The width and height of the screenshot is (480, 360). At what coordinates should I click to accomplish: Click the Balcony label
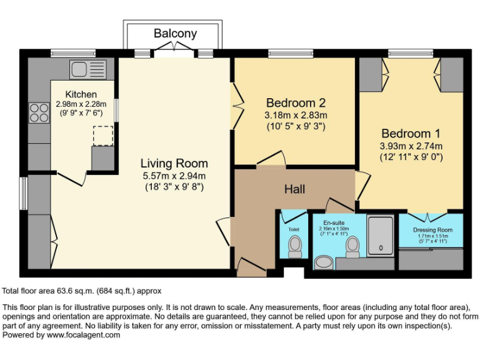pos(175,34)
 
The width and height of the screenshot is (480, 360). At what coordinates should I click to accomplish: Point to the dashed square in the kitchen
pos(102,136)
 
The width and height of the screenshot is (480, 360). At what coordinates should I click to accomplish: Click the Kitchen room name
pos(81,94)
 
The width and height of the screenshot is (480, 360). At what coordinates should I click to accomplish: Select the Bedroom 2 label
pos(296,102)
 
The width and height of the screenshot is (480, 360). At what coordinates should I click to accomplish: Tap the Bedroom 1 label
pos(406,134)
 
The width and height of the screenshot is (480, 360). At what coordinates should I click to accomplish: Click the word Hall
pos(294,188)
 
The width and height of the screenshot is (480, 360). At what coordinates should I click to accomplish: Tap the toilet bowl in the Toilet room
pos(295,246)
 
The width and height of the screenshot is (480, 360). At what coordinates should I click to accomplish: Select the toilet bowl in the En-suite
pos(352,246)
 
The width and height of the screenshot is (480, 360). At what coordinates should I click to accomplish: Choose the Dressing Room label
pos(432,230)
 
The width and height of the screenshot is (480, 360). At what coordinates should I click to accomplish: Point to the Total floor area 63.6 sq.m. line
pos(82,291)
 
